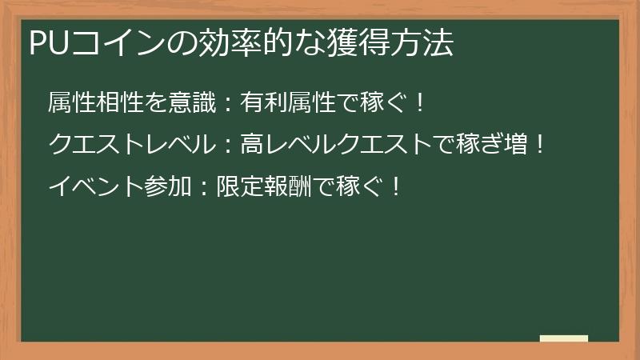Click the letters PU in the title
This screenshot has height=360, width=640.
coord(49,42)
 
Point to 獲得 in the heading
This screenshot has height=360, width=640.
coord(358,42)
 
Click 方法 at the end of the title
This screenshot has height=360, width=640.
coord(422,42)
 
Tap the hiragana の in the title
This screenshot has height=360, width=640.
coord(182,43)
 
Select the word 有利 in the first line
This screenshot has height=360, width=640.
coord(263,102)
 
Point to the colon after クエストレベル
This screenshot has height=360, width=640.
coord(228,146)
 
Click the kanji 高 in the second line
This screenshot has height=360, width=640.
coord(251,144)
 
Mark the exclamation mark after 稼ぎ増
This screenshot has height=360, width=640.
coord(540,145)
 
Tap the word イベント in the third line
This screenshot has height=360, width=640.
coord(96,186)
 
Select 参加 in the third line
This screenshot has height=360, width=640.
coord(168,186)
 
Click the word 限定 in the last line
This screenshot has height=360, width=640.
coord(240,186)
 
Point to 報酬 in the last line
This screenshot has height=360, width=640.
coord(288,186)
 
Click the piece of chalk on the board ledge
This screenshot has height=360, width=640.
coord(564,338)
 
